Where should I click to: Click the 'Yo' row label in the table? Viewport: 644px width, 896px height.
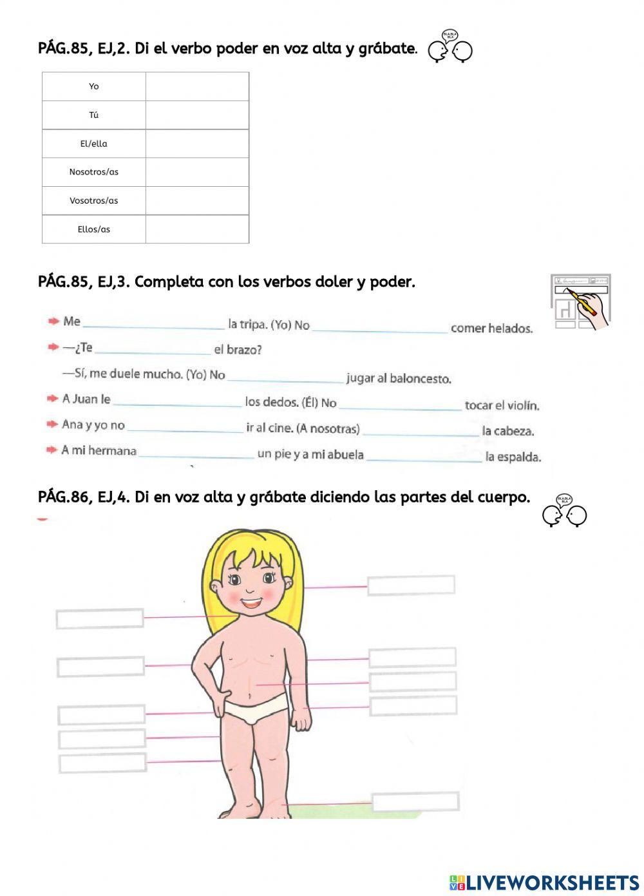[94, 86]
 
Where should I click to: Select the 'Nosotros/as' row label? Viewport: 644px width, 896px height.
[94, 172]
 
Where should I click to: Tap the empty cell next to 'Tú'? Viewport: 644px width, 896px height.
[197, 115]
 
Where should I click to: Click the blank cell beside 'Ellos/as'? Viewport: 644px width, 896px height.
[197, 229]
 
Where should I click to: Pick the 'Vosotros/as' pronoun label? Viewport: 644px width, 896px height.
[94, 200]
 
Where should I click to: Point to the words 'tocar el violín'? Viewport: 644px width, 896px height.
[502, 405]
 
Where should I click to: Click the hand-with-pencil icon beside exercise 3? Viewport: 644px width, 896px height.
[580, 301]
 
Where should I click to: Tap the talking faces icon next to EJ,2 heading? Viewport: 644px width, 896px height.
[450, 48]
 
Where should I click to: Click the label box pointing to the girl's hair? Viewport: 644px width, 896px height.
[411, 585]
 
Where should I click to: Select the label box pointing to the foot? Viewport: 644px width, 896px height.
[415, 802]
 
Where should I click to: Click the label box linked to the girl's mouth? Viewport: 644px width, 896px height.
[100, 618]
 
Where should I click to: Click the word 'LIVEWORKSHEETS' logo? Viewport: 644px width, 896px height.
[544, 882]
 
